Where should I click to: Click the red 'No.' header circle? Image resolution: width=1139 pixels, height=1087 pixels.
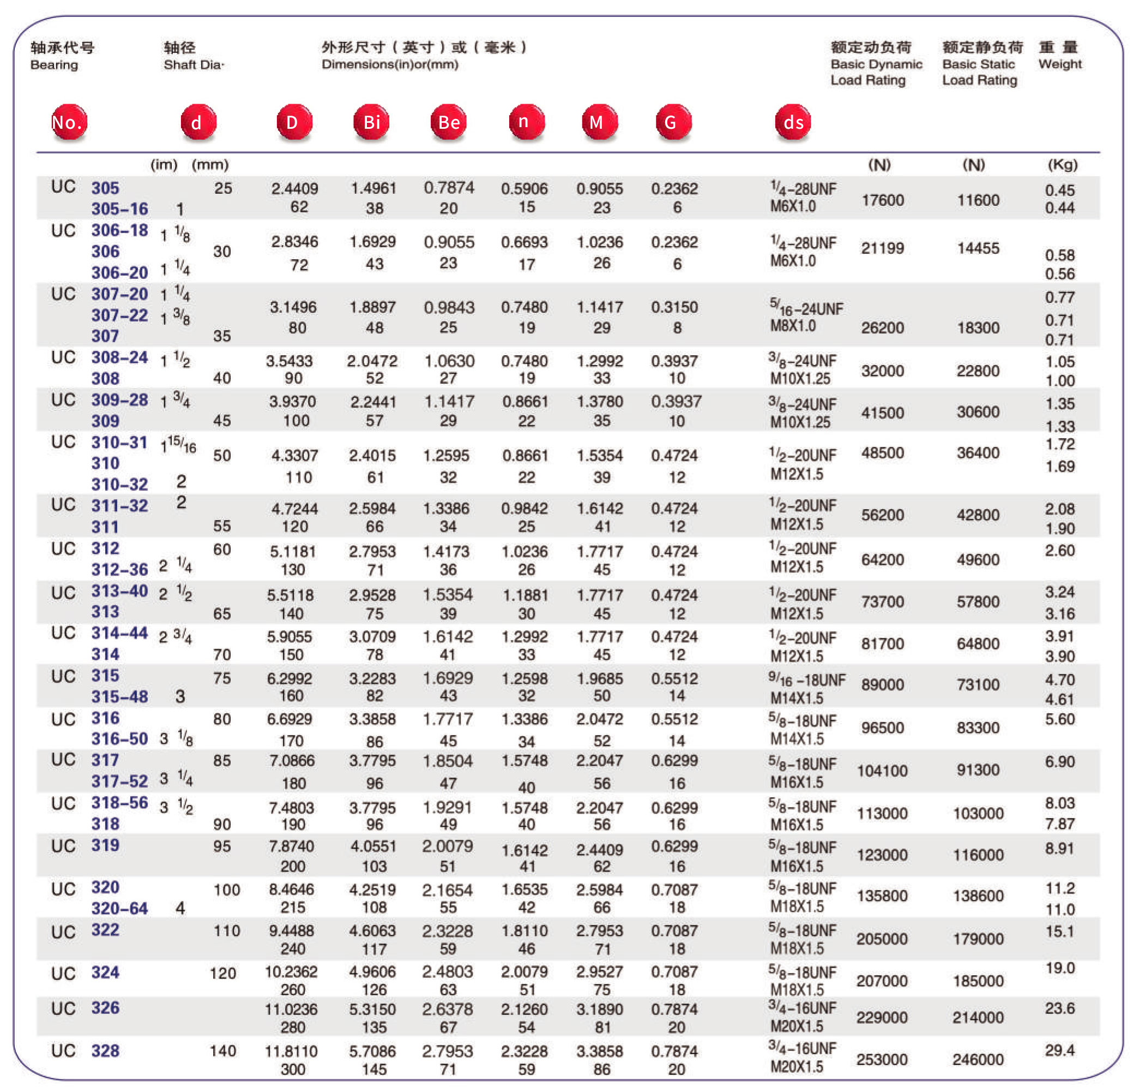[69, 122]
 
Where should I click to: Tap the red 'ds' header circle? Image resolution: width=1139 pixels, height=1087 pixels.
[793, 122]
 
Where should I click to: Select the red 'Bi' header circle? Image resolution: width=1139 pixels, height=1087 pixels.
[371, 122]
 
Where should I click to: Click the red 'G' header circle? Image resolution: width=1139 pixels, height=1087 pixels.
[673, 122]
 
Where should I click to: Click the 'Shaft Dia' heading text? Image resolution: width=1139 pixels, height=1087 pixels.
[194, 64]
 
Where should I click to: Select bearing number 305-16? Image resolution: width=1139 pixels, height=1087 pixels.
[119, 208]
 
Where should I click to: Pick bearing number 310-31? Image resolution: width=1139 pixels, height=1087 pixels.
[119, 442]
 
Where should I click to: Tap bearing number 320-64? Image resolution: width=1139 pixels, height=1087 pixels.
[119, 908]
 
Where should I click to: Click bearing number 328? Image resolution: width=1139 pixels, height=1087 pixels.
[105, 1050]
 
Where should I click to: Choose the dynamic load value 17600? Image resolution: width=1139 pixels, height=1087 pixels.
[882, 200]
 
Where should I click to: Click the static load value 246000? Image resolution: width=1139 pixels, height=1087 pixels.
[978, 1059]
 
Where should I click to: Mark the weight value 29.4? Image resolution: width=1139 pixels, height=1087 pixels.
[1060, 1050]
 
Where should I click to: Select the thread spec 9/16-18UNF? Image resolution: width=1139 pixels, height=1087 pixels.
[806, 680]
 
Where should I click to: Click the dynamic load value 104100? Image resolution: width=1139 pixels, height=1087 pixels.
[882, 771]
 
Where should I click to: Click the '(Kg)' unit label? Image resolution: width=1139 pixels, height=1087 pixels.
[1063, 165]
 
